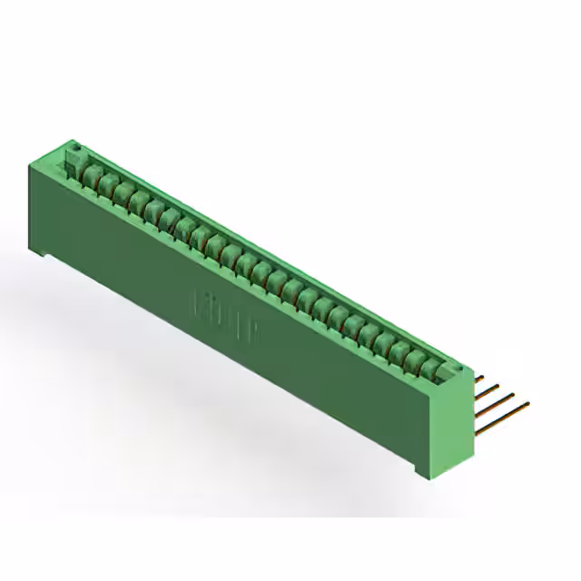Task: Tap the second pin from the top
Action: (487, 389)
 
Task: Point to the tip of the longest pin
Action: (528, 404)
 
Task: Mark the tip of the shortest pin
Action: (484, 373)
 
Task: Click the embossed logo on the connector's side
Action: (226, 314)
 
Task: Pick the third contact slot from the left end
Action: (123, 193)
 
